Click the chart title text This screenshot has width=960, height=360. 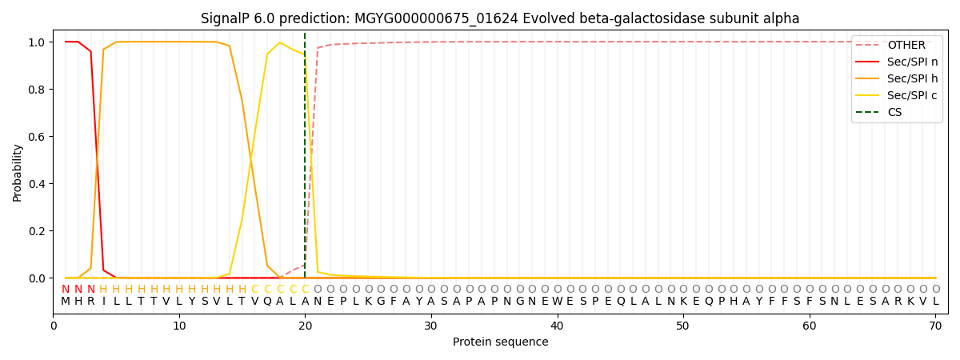(500, 18)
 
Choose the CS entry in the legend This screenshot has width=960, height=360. (894, 112)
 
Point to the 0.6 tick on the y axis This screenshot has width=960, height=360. (38, 137)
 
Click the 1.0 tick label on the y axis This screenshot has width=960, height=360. (38, 42)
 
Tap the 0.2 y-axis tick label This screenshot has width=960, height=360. (38, 231)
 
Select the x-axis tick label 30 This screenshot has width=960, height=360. (431, 326)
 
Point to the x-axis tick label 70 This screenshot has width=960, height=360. (935, 326)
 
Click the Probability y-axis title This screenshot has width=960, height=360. (18, 172)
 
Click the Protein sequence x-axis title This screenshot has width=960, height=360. (500, 342)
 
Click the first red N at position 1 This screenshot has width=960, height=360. (66, 289)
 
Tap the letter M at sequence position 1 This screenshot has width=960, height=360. (66, 302)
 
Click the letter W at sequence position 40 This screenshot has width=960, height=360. (557, 302)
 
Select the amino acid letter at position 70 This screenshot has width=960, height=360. (935, 302)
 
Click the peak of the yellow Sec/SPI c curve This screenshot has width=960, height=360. (280, 42)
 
